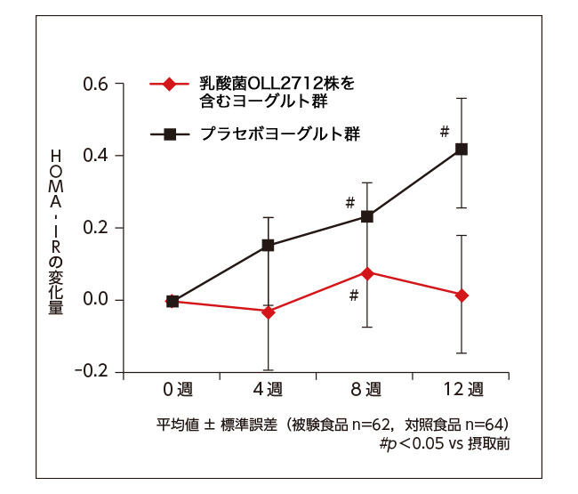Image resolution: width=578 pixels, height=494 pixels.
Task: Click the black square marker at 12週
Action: (x=462, y=149)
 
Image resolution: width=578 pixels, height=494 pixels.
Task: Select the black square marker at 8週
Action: (x=366, y=216)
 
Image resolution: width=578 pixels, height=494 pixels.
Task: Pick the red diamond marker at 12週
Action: (x=462, y=295)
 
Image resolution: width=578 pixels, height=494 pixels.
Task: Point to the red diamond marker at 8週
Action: (x=366, y=272)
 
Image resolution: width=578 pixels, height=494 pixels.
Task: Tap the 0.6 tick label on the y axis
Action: (x=96, y=85)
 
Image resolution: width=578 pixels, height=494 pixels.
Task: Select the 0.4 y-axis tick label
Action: (x=96, y=156)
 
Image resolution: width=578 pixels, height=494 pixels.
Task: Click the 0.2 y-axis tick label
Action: (x=96, y=228)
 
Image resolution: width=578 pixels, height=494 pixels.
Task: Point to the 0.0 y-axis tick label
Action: (x=96, y=300)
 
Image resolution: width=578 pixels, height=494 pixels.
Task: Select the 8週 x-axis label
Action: (x=366, y=389)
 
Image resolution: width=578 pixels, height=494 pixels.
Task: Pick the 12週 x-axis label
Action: (x=462, y=389)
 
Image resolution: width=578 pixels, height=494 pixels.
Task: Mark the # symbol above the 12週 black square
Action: (x=445, y=132)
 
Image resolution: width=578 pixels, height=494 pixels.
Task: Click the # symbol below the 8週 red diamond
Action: (x=353, y=295)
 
